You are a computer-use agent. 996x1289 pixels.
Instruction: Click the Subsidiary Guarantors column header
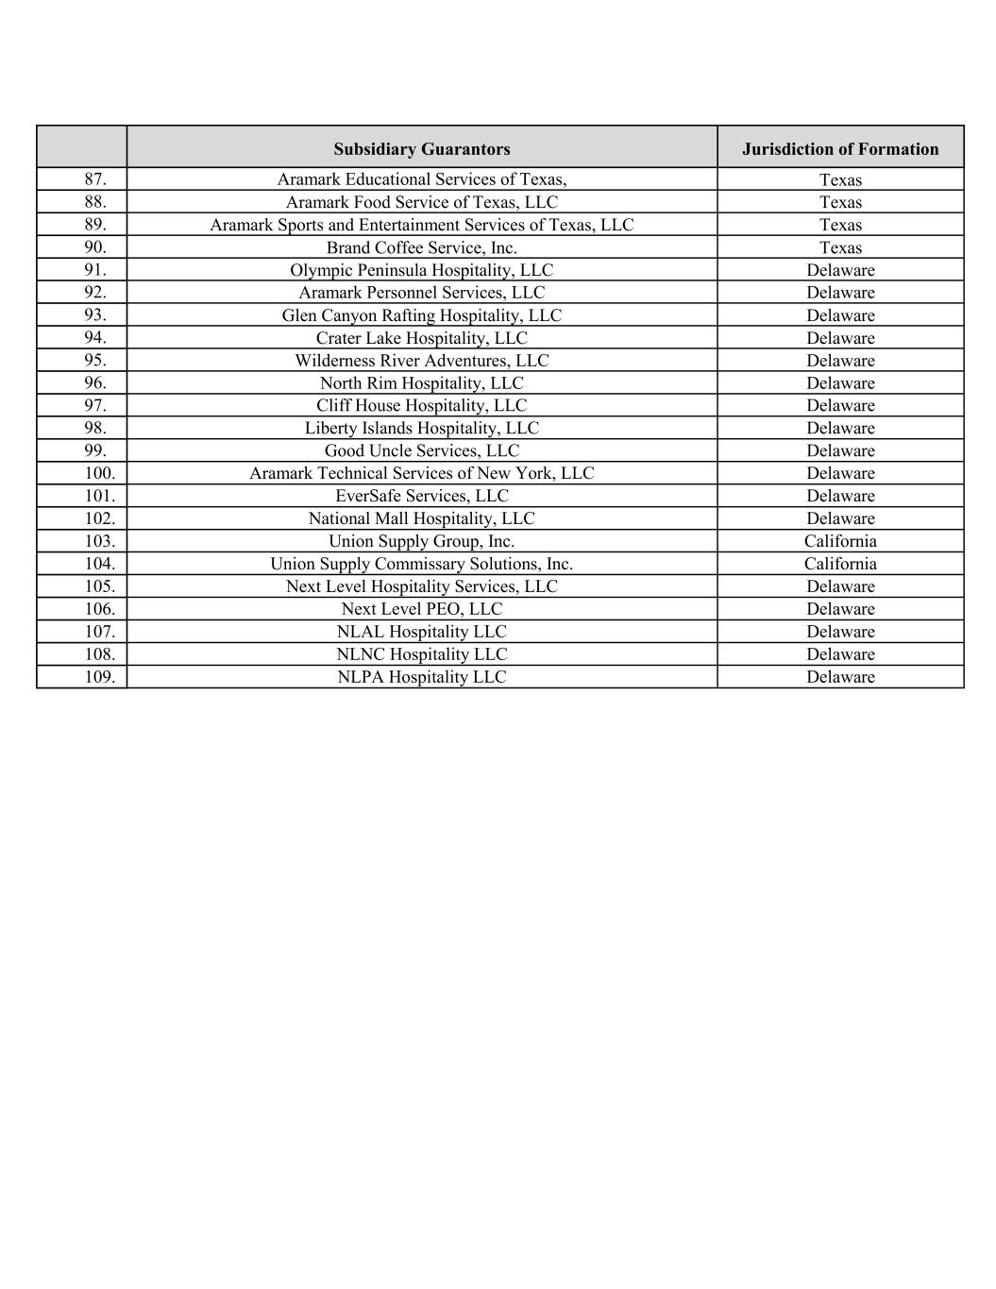421,149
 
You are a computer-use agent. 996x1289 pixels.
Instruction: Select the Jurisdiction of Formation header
840,149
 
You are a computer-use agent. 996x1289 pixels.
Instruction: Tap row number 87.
95,179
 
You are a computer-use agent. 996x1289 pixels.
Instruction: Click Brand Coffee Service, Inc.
421,247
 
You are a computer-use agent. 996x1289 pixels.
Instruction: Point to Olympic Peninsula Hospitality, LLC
421,270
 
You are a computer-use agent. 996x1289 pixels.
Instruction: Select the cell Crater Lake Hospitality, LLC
421,338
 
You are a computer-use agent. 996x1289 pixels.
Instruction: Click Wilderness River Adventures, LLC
421,361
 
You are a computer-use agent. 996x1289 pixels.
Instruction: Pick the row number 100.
99,473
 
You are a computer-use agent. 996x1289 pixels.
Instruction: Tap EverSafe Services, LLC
421,496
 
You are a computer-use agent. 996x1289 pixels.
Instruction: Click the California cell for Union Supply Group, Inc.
840,541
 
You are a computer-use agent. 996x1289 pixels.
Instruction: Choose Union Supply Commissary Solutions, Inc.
421,564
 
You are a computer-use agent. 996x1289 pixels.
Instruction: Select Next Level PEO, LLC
421,609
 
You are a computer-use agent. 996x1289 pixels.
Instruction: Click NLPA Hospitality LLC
421,677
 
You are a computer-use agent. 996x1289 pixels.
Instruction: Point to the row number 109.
99,677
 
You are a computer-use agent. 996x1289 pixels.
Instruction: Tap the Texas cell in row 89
840,225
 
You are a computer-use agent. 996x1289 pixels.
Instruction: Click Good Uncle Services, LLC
421,450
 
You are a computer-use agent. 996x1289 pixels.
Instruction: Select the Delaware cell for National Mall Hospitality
840,518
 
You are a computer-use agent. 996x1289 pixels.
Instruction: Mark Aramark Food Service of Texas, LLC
421,202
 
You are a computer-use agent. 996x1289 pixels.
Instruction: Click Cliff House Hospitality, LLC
421,405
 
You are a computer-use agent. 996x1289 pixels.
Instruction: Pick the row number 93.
95,315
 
